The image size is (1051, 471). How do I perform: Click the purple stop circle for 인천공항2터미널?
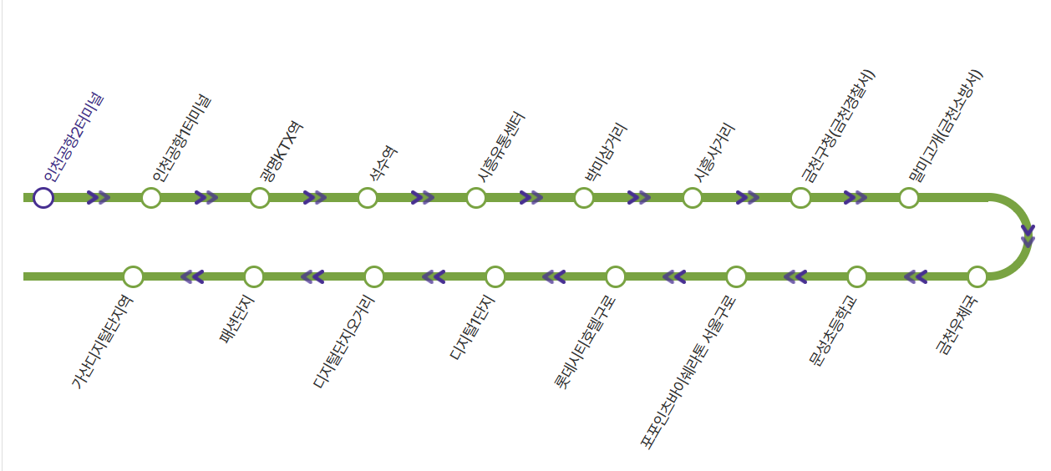tap(43, 198)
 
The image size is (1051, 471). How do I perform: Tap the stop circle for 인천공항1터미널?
tap(151, 198)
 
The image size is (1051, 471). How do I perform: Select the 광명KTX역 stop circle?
tap(260, 198)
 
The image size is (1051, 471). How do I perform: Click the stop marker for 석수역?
tap(368, 198)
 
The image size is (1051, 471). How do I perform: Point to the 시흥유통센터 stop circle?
tap(476, 198)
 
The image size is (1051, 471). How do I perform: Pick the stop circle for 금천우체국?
tap(977, 276)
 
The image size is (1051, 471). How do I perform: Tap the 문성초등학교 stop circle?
tap(856, 276)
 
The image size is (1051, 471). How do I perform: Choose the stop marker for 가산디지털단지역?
tap(133, 276)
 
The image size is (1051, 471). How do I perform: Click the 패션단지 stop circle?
tap(254, 276)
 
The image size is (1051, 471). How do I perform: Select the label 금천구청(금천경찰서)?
tap(838, 125)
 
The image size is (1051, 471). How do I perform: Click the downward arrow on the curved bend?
tap(1028, 235)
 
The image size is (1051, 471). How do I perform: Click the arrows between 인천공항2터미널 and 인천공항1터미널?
tap(99, 198)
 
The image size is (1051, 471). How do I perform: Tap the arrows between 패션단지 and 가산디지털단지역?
tap(193, 276)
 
